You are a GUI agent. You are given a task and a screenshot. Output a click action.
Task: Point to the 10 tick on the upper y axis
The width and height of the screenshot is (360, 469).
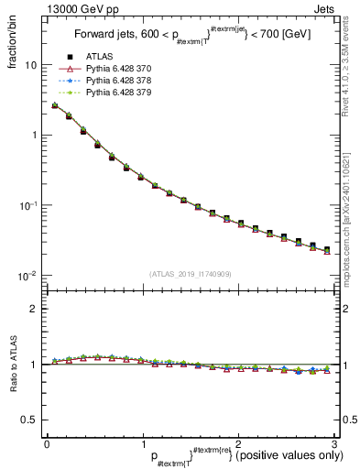(31, 65)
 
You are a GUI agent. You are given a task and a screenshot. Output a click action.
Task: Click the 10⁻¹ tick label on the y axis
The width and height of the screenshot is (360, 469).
(28, 205)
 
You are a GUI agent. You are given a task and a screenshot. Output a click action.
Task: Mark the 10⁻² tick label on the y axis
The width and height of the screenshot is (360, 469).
(28, 276)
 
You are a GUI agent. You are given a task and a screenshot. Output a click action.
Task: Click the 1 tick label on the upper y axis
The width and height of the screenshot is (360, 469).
(34, 136)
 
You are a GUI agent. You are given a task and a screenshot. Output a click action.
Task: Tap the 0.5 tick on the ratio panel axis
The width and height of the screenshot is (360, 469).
(30, 420)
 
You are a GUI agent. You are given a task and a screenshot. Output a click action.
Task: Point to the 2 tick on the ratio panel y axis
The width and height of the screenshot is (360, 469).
(34, 309)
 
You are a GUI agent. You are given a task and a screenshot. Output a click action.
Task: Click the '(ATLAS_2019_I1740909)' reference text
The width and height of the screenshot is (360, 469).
(190, 274)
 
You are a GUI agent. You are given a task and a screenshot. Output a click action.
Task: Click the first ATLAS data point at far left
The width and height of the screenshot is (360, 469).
(55, 106)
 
